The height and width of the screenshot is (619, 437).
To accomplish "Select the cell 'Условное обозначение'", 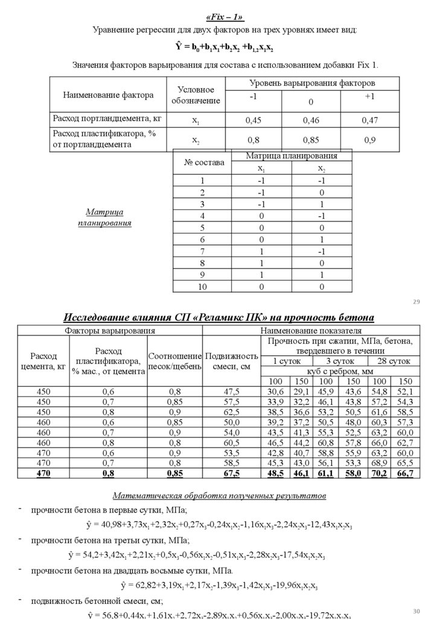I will pyautogui.click(x=196, y=95).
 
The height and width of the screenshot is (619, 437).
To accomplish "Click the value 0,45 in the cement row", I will pyautogui.click(x=254, y=120).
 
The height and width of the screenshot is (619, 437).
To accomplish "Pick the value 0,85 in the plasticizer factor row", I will pyautogui.click(x=311, y=140).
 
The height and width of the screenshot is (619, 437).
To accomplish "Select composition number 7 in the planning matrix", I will pyautogui.click(x=203, y=252).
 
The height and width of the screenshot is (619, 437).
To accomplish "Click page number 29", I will pyautogui.click(x=416, y=302).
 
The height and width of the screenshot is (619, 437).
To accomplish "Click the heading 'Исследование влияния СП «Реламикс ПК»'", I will pyautogui.click(x=219, y=318).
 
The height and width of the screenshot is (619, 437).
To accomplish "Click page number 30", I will pyautogui.click(x=416, y=611).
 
